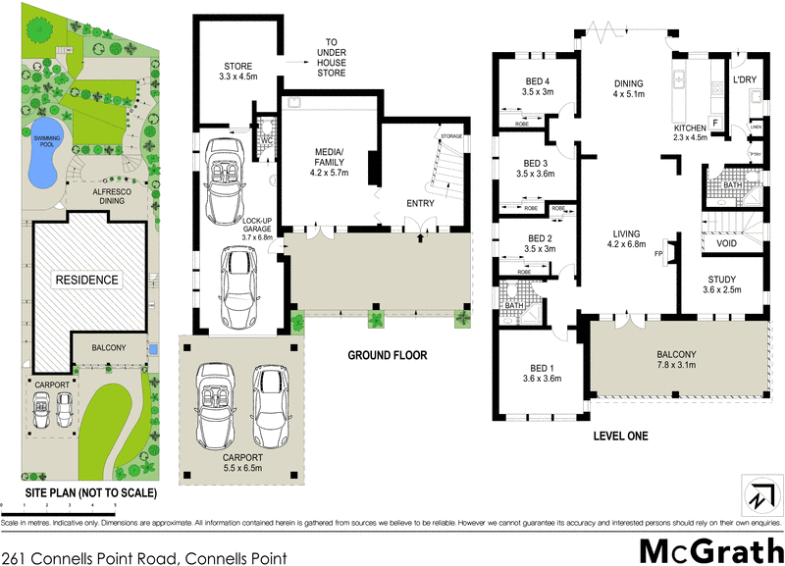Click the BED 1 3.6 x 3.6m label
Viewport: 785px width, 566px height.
point(541,373)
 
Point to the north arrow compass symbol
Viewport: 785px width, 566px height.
point(757,495)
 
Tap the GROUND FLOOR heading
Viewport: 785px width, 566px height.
point(390,355)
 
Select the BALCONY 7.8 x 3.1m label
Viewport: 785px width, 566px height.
point(676,360)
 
